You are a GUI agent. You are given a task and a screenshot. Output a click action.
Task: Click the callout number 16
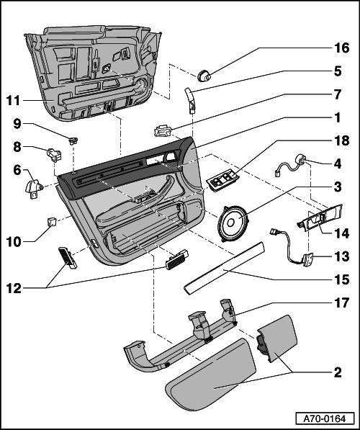click(x=341, y=48)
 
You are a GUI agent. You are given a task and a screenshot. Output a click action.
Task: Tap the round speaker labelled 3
click(x=233, y=223)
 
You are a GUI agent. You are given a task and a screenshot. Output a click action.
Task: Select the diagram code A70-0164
click(x=325, y=418)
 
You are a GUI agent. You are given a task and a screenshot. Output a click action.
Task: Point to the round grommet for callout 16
click(x=204, y=76)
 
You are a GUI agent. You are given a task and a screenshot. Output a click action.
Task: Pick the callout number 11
click(x=13, y=101)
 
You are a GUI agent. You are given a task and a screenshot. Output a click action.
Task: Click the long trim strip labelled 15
click(x=225, y=268)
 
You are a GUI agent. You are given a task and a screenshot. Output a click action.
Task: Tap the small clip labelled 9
click(x=73, y=141)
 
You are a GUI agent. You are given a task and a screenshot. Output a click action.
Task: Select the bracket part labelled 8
click(x=54, y=155)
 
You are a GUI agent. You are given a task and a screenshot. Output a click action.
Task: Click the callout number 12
click(x=14, y=288)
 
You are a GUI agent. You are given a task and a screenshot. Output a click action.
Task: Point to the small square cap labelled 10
click(x=52, y=221)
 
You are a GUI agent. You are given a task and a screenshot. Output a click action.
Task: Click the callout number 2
click(x=338, y=372)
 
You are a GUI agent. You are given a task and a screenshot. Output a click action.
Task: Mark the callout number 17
click(x=341, y=303)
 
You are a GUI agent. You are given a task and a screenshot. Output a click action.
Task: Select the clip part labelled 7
click(x=163, y=130)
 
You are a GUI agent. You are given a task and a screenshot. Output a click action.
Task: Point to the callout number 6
click(x=17, y=170)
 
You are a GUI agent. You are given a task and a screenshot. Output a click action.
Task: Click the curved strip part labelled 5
click(x=191, y=100)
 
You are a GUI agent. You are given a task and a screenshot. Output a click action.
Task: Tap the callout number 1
click(x=337, y=117)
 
